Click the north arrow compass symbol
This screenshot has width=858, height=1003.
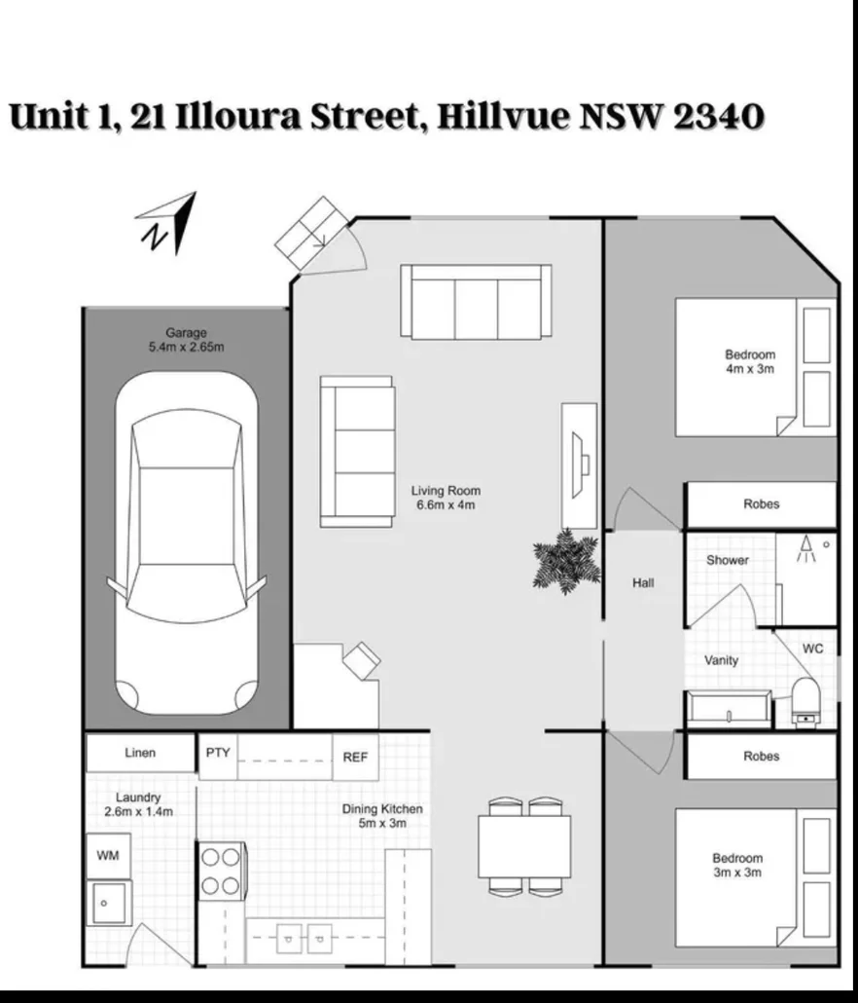click(167, 223)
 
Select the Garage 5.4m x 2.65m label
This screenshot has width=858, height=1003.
click(186, 339)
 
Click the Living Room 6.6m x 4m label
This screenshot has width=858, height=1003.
click(446, 498)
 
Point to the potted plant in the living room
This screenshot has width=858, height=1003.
click(566, 560)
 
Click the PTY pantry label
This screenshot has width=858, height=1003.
click(217, 753)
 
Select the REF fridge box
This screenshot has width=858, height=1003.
click(356, 758)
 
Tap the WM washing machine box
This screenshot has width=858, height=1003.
click(107, 855)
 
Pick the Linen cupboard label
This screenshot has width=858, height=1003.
click(140, 753)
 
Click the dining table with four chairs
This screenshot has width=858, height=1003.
click(523, 845)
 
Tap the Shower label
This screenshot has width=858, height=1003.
click(728, 560)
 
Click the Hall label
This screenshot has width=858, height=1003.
click(643, 583)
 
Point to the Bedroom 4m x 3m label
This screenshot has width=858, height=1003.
click(750, 362)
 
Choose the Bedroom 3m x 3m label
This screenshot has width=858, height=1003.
click(736, 865)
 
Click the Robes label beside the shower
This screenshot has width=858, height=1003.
click(761, 504)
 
